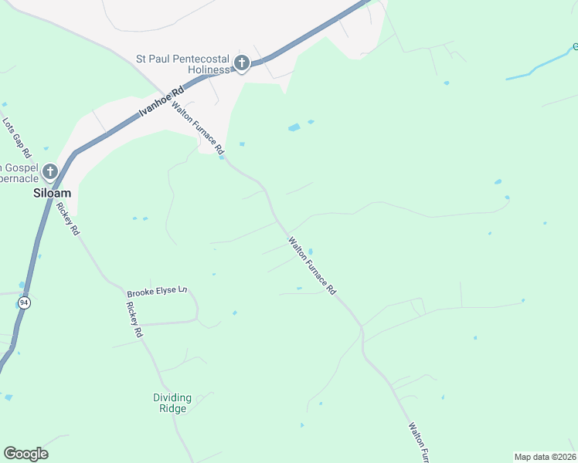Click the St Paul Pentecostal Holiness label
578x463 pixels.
[183, 63]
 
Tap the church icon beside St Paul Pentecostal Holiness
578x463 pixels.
[241, 63]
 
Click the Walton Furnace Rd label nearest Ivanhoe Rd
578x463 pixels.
[198, 127]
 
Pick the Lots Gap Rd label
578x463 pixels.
[16, 137]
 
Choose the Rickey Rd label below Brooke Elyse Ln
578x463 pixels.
[133, 319]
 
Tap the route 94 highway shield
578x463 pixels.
[24, 303]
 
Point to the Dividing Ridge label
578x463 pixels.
[172, 403]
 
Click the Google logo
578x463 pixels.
[25, 454]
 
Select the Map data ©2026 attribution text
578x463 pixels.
[544, 457]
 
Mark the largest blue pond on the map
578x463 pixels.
[294, 127]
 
